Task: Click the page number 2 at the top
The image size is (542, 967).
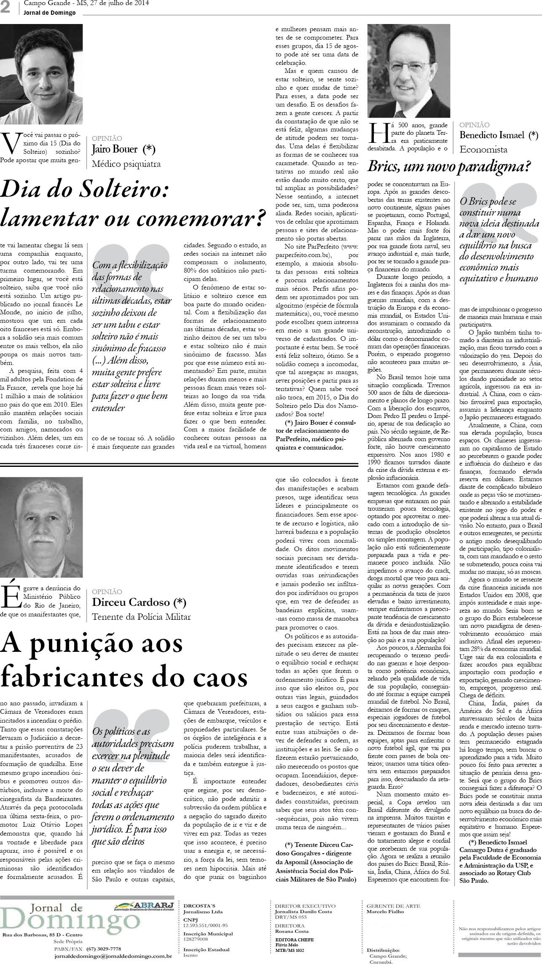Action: point(5,8)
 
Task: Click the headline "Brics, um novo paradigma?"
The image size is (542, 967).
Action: point(449,167)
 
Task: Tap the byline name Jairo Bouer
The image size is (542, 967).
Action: point(115,149)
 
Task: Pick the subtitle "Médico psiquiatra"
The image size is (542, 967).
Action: point(126,164)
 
